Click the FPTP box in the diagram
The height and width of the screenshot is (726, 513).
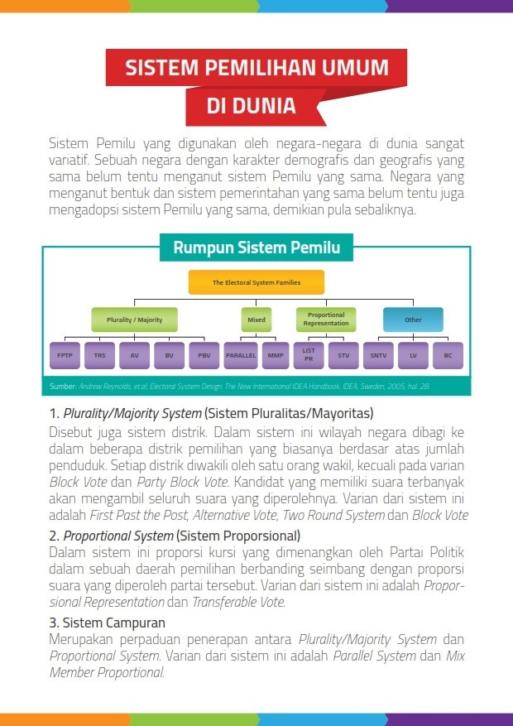[65, 355]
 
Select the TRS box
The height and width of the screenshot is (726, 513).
[100, 355]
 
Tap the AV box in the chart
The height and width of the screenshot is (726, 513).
[134, 355]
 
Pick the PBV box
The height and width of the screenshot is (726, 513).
[204, 355]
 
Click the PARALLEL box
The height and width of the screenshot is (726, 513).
[242, 355]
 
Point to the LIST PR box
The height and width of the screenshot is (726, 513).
[309, 355]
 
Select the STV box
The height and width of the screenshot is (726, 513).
[343, 355]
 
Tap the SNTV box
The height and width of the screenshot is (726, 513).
[378, 355]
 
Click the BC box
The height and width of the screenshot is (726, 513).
[448, 355]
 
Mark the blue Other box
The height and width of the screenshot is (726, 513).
[413, 320]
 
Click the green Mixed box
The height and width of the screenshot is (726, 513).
[256, 320]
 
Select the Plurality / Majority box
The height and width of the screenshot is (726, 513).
[134, 320]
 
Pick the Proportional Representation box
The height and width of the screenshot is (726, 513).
[326, 320]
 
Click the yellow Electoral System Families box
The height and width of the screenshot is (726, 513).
[256, 282]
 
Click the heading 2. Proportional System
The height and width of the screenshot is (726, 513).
[175, 536]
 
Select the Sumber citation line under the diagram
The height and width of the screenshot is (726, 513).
[240, 387]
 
